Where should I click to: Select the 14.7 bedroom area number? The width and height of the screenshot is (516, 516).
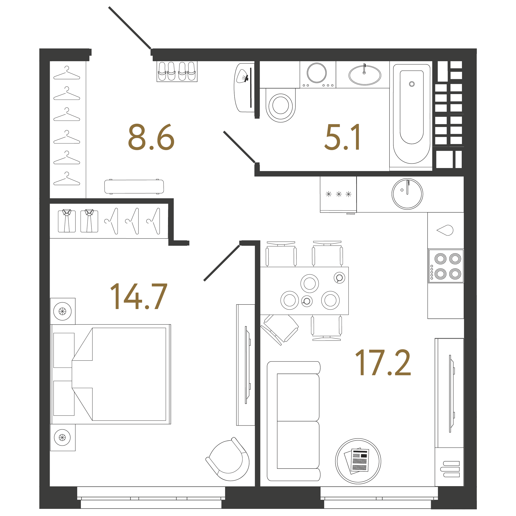click(x=139, y=296)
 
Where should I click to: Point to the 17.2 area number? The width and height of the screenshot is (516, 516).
click(x=383, y=362)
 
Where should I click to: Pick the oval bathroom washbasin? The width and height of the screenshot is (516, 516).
click(x=365, y=75)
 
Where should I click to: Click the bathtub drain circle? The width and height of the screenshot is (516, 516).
click(x=412, y=84)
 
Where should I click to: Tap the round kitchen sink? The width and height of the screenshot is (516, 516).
click(x=407, y=194)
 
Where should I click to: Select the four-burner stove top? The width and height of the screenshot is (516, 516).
click(x=446, y=266)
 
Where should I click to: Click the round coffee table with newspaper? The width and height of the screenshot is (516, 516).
click(x=358, y=461)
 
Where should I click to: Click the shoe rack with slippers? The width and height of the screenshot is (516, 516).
click(x=177, y=71)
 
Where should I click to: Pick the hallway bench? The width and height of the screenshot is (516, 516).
click(x=134, y=186)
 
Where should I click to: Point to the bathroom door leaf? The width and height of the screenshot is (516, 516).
click(x=239, y=147)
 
